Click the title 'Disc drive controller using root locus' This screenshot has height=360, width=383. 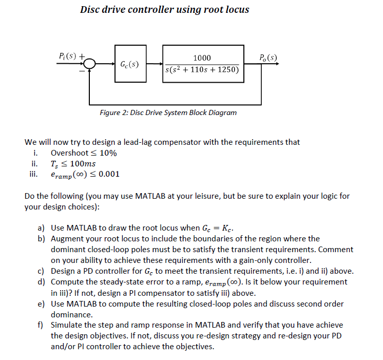point(164,9)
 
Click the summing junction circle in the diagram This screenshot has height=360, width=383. point(90,64)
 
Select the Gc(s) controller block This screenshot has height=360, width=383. point(129,64)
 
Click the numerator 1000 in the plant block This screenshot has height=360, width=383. point(202,58)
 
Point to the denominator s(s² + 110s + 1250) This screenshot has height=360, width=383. point(202,69)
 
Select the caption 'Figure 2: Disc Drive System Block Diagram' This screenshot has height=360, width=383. point(168,112)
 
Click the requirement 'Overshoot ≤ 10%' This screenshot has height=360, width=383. point(84,153)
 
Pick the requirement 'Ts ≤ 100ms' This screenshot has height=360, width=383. point(73,163)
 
